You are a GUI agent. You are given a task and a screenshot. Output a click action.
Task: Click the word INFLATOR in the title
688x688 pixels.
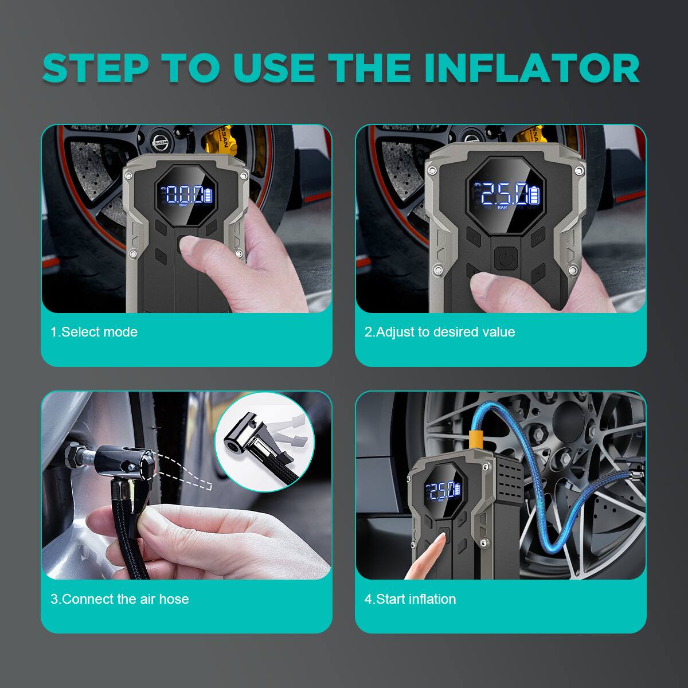pos(531,68)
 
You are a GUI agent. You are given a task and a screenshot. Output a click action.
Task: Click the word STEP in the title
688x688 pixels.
pos(95,68)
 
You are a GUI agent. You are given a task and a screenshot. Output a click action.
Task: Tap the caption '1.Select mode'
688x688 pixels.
pos(94,332)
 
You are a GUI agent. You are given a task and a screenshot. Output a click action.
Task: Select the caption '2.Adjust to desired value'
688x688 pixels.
pos(440,332)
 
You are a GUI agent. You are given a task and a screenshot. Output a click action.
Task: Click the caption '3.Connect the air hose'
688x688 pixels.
pos(120,599)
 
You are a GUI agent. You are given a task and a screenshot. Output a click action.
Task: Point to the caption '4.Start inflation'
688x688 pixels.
pos(411,599)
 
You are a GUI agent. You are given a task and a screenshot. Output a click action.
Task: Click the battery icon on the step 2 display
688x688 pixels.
pos(534,195)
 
